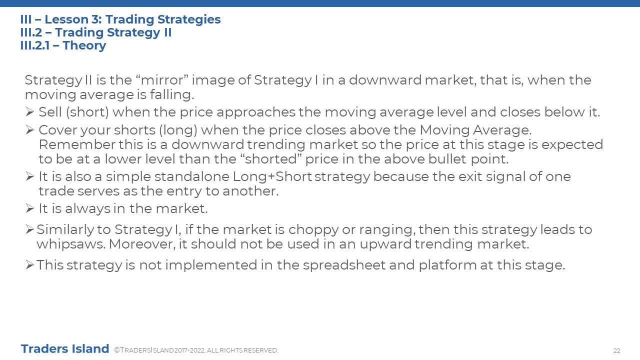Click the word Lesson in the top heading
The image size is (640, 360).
(66, 19)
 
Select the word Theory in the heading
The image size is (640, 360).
(84, 45)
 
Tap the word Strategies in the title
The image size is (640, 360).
(189, 19)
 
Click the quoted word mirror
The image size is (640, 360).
(162, 80)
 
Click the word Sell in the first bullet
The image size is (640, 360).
(50, 111)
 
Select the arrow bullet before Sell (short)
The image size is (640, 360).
(29, 111)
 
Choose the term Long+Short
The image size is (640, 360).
(272, 176)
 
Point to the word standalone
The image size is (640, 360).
(191, 176)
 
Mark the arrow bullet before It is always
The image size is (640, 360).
(29, 208)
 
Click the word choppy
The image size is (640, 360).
(313, 229)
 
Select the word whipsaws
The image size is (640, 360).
(70, 244)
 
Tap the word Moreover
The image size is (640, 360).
(141, 244)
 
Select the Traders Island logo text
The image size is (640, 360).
(65, 349)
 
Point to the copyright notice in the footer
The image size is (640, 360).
(196, 350)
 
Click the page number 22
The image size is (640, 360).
(617, 351)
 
